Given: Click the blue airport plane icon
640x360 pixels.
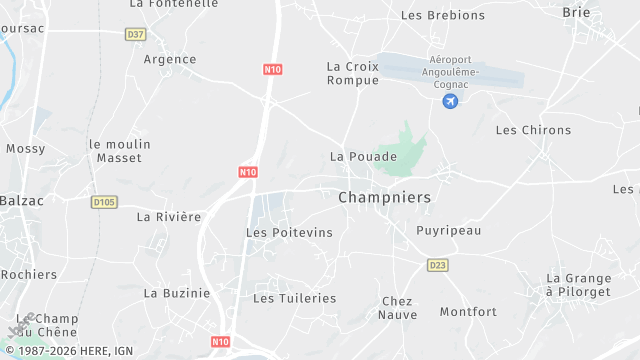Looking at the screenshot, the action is (451, 101).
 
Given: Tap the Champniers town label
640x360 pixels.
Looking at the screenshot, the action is (385, 198).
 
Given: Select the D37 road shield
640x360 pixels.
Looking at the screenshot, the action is (135, 34).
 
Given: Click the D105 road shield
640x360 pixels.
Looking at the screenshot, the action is (104, 202).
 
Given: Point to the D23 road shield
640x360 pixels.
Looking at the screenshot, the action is (437, 265).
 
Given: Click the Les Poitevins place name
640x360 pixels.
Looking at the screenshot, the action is (289, 232).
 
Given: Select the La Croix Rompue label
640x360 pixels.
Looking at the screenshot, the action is (353, 73).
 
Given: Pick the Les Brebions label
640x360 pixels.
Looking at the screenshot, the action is (443, 16).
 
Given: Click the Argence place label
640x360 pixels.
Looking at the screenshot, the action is (170, 59).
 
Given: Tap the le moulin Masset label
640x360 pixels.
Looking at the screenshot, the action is (120, 151).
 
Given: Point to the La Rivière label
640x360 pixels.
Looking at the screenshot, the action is (169, 216).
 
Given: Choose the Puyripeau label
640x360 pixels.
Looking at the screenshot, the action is (449, 230).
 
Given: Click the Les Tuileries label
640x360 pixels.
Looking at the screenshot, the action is (294, 298).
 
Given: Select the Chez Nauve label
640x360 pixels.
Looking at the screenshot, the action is (398, 308).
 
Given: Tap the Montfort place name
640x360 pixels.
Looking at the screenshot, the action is (468, 312).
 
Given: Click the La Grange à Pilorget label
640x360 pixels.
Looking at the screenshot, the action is (579, 284).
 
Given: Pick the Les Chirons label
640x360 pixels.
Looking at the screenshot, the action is (533, 130).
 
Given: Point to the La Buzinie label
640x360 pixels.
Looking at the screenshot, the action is (177, 293).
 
